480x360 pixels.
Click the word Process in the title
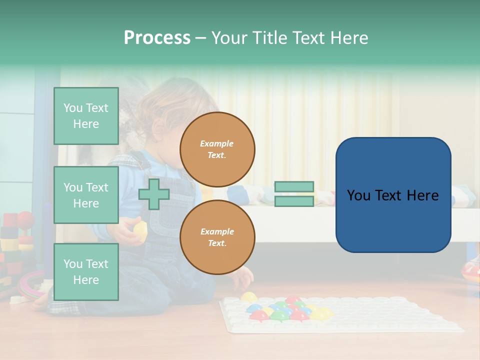point(157,38)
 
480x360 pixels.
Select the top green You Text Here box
point(86,116)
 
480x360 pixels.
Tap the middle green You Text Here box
point(86,195)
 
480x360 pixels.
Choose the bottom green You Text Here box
point(86,271)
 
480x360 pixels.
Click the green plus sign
point(154,194)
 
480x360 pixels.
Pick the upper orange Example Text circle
point(217,149)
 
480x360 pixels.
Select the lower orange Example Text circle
point(217,237)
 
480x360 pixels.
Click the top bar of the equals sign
point(294,187)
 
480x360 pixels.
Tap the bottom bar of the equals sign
point(294,201)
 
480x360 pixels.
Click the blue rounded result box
point(393,195)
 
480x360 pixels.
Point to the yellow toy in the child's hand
point(140,230)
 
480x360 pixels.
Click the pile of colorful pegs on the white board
point(286,309)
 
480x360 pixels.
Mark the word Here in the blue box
point(422,195)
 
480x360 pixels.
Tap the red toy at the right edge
point(471,270)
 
